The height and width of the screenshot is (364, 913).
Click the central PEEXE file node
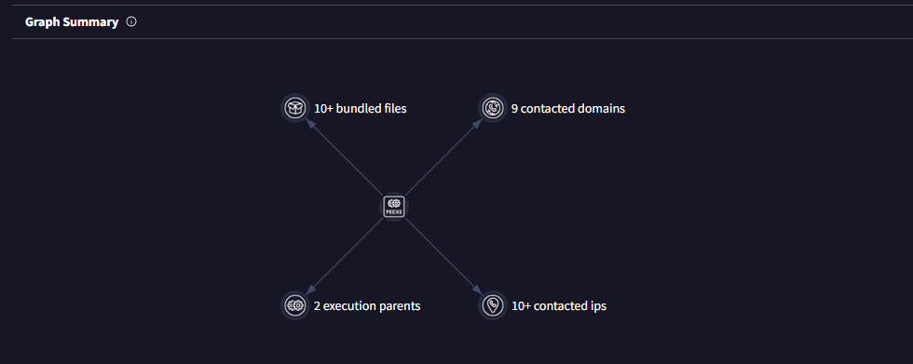point(393,207)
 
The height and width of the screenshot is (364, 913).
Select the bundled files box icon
point(295,108)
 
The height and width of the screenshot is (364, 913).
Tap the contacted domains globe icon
point(492,108)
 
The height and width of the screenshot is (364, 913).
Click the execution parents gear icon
point(295,305)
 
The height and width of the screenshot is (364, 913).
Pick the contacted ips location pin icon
point(492,305)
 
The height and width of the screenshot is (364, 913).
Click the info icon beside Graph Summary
point(131,21)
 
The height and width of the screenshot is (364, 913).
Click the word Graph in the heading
point(43,21)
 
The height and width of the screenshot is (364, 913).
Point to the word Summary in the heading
point(95,21)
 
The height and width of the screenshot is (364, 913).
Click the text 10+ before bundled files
point(324,108)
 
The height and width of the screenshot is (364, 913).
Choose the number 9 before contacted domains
point(514,108)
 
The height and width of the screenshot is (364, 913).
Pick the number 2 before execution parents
point(317,305)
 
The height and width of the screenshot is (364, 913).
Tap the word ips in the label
point(597,305)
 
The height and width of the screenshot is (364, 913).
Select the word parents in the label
point(398,305)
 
